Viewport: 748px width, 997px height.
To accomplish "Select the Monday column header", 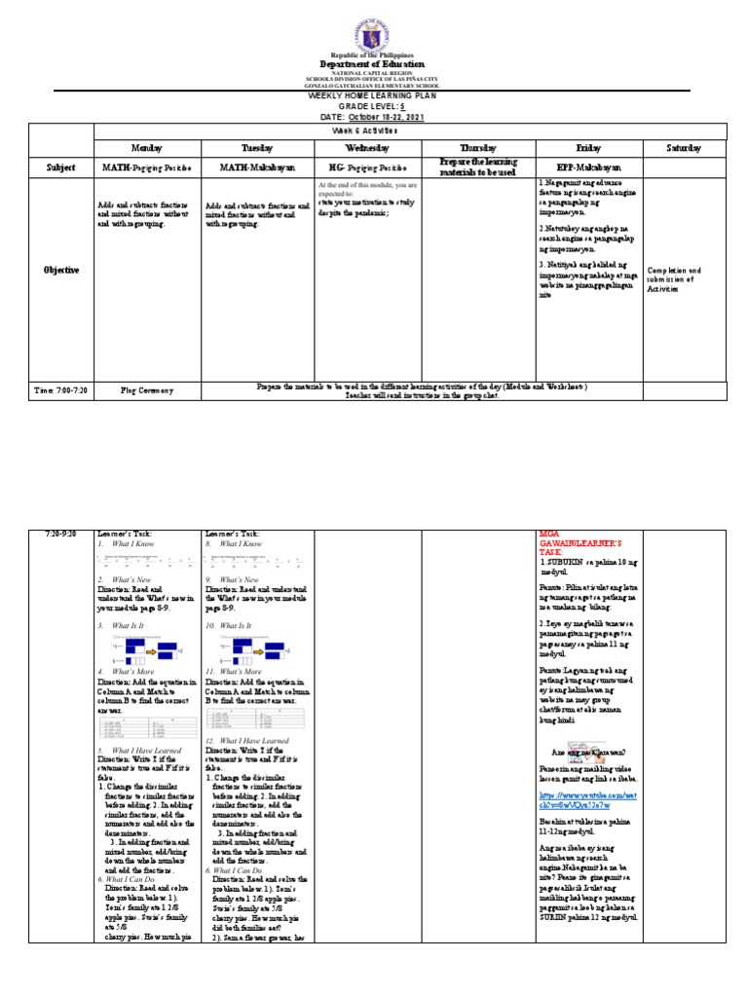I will coord(146,148).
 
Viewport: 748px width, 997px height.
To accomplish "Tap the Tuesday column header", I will coord(257,148).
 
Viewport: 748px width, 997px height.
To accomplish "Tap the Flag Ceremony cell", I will coord(147,390).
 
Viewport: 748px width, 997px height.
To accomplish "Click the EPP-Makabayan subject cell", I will coord(588,167).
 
